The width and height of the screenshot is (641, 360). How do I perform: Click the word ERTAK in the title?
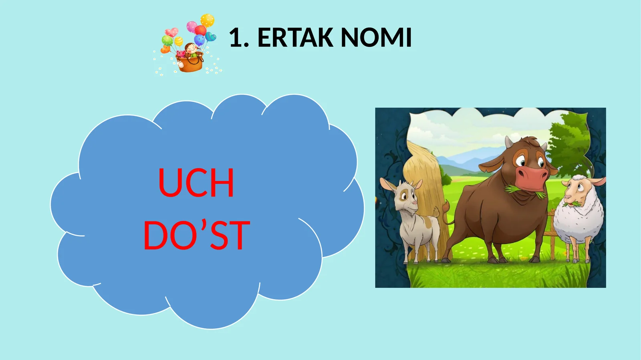coord(295,38)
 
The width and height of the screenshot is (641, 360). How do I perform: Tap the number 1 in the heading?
coord(236,38)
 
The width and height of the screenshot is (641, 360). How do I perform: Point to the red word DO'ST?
coord(197,235)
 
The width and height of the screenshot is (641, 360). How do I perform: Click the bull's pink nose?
coord(532,175)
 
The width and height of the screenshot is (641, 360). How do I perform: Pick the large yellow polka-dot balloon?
coord(208,20)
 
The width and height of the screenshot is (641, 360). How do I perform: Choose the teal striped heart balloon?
coord(211,37)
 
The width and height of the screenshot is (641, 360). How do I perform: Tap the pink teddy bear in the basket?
coord(181,54)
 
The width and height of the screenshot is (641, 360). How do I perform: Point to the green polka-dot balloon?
coord(167,40)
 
